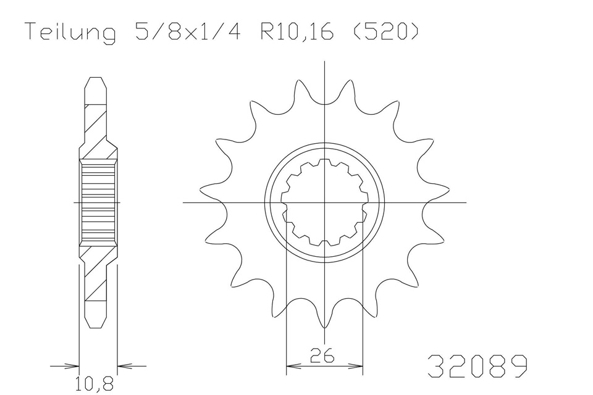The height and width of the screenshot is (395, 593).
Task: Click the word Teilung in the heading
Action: (x=70, y=33)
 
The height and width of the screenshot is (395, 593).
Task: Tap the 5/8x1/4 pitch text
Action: (x=187, y=31)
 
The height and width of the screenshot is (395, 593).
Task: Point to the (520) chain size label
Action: (x=385, y=31)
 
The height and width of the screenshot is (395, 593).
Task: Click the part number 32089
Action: (x=477, y=366)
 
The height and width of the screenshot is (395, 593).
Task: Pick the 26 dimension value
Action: (x=322, y=355)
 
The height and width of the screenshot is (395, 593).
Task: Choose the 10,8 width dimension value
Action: (x=94, y=384)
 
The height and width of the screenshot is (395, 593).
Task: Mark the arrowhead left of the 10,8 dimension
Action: (x=73, y=366)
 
